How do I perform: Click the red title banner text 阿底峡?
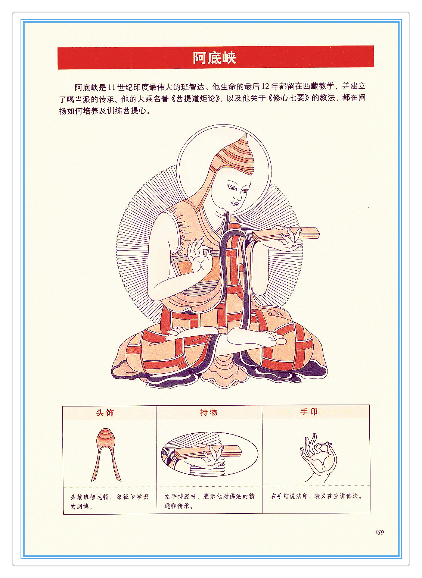click(214, 58)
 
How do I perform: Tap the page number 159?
click(380, 532)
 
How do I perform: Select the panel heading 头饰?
click(105, 412)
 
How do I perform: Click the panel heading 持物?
click(209, 412)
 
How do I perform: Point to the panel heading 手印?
click(309, 412)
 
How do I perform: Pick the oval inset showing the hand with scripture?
click(210, 454)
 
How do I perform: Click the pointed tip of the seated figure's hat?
click(246, 134)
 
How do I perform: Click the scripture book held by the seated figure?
click(286, 234)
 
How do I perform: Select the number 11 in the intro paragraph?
click(111, 88)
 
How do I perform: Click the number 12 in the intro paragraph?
click(266, 87)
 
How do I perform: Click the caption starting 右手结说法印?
click(317, 496)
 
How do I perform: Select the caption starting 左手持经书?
click(210, 501)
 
